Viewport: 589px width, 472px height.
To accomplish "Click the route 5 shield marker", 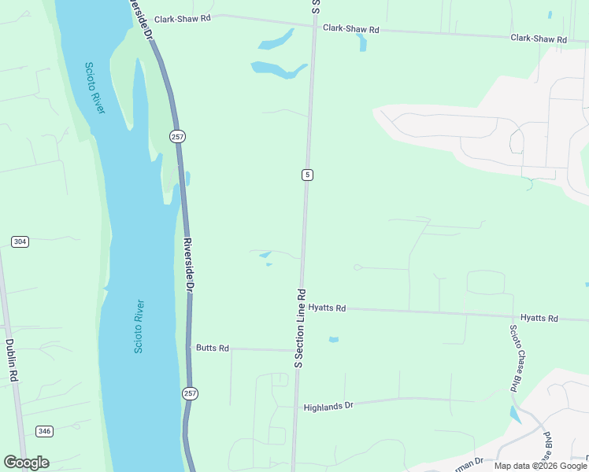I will [307, 175].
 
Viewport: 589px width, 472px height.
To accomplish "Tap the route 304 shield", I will [20, 242].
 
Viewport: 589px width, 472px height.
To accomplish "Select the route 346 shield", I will [45, 431].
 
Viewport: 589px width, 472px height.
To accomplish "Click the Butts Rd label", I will [213, 348].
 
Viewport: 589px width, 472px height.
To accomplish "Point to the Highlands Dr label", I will [329, 406].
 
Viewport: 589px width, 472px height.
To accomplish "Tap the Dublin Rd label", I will [11, 360].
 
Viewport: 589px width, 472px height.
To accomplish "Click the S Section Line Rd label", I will [299, 328].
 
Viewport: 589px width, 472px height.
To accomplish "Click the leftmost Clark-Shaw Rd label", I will [183, 19].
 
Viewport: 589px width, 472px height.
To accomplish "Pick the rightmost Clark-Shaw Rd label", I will [539, 38].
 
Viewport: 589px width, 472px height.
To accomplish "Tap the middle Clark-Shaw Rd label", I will [351, 28].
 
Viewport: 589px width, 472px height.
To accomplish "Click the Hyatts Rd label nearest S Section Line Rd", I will [328, 308].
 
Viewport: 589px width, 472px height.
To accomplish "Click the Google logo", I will [26, 463].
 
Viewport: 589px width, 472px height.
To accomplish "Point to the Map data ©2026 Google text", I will [540, 466].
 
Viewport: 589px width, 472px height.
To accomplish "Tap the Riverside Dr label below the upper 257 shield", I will [189, 266].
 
